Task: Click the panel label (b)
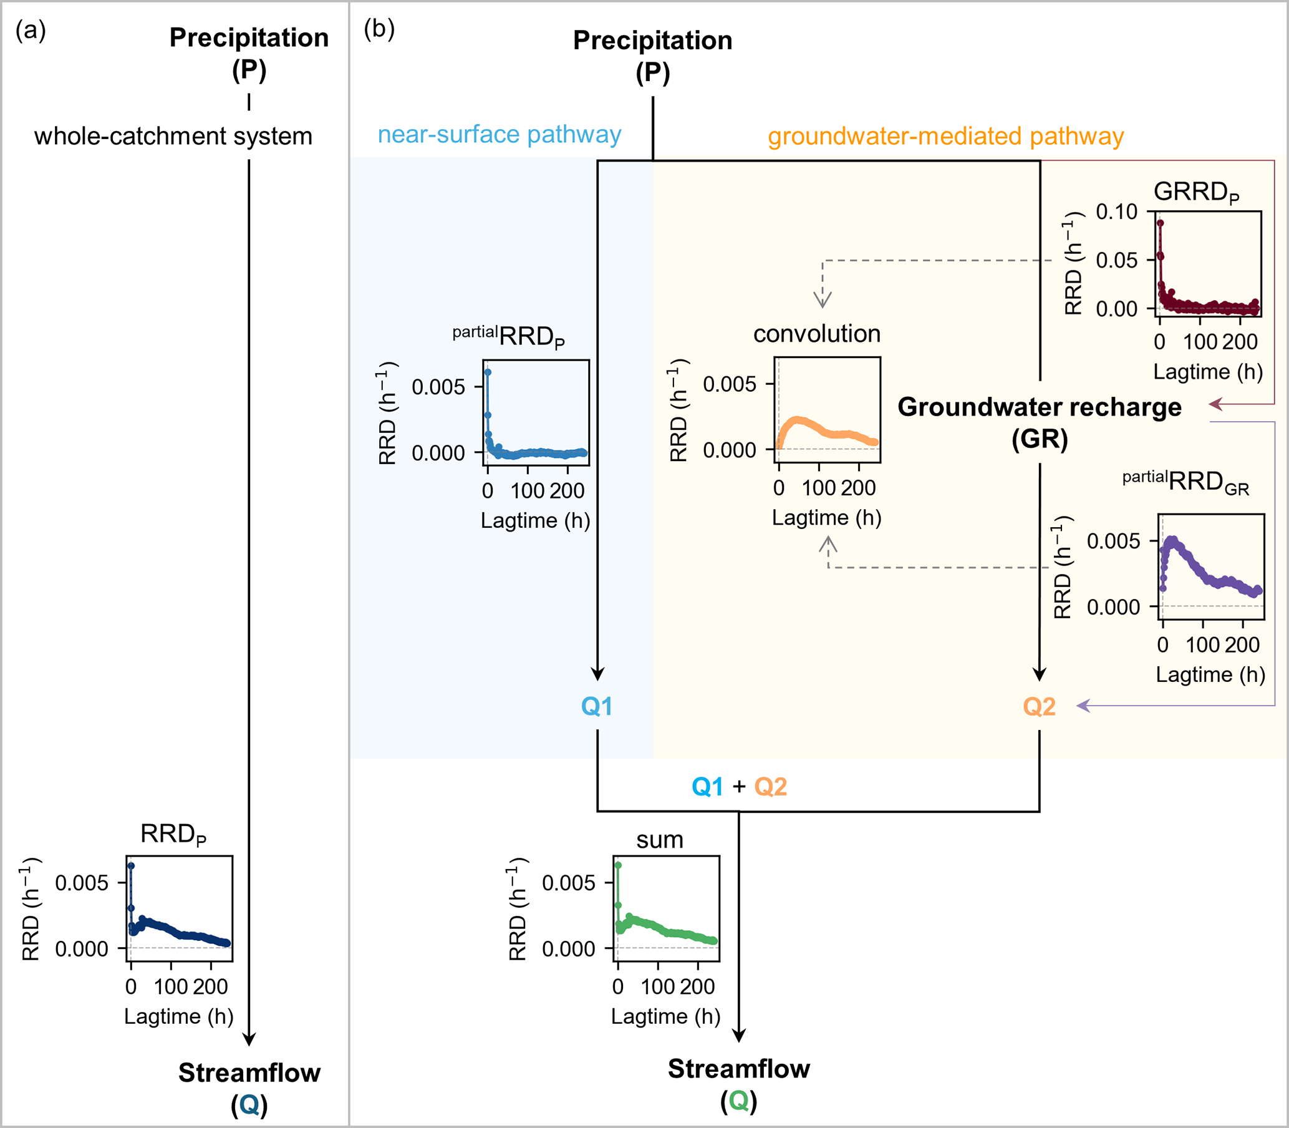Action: coord(379,29)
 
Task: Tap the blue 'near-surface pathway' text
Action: coord(499,135)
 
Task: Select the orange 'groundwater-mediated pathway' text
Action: coord(945,137)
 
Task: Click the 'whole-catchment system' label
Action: coord(173,137)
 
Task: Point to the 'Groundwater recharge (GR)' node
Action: coord(1040,422)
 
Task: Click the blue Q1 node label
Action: coord(596,707)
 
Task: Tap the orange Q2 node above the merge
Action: coord(1040,707)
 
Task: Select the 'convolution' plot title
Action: coord(816,334)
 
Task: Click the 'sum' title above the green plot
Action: coord(659,840)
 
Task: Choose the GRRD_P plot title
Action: coord(1196,192)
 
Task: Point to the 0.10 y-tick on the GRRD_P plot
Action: coord(1117,212)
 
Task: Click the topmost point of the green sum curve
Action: coord(618,865)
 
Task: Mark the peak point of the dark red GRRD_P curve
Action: coord(1160,223)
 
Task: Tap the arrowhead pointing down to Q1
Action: coord(597,674)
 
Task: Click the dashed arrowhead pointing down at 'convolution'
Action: coord(822,300)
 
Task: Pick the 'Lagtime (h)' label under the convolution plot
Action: coord(827,518)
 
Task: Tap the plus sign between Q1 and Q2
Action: coord(738,787)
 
